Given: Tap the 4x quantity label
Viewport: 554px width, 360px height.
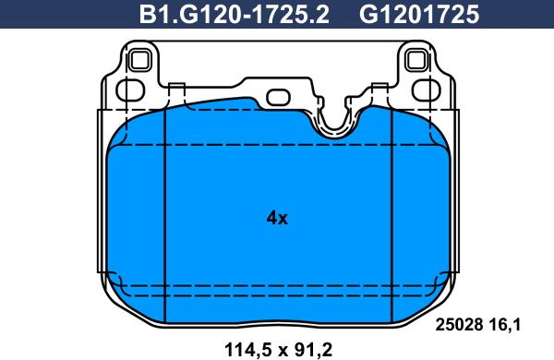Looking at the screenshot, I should [x=277, y=219].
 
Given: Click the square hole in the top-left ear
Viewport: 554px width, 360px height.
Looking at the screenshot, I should [x=140, y=63].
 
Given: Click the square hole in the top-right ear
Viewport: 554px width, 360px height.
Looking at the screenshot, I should [x=415, y=63].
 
